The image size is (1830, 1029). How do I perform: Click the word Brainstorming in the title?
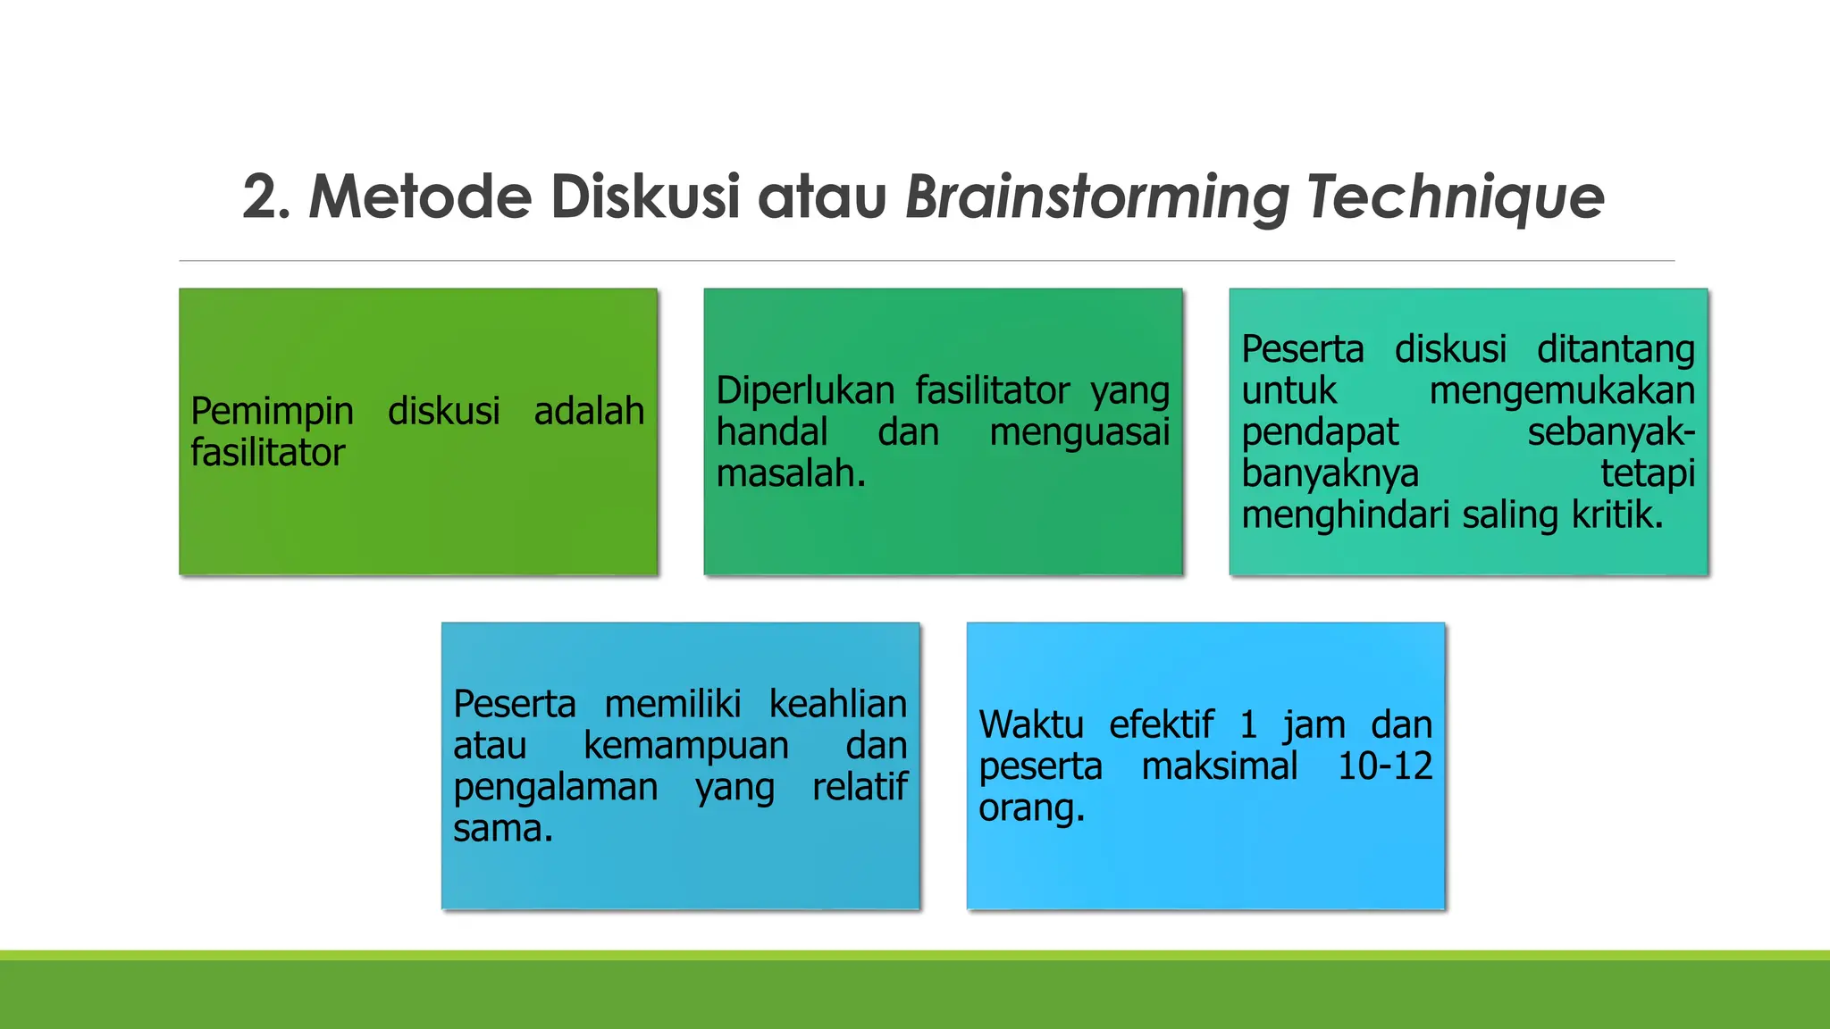coord(1097,197)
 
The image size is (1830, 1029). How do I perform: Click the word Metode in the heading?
coord(420,197)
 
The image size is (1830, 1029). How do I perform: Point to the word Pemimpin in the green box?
coord(272,413)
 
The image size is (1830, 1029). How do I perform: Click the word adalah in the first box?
coord(589,411)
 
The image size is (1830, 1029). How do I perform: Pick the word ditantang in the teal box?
coord(1616,349)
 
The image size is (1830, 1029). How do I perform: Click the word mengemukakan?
coord(1562,391)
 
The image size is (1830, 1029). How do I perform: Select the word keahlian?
coord(838,705)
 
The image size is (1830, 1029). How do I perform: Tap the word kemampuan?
coord(686,746)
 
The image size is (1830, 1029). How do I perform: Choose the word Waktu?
coord(1030,724)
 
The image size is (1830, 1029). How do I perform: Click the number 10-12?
coord(1385,766)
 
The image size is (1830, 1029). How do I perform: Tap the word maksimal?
coord(1220,766)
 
